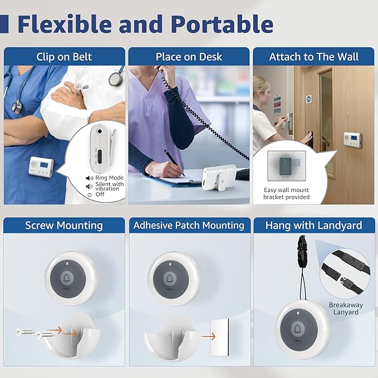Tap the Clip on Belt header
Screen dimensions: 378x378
tap(64, 57)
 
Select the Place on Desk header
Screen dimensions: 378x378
tap(189, 57)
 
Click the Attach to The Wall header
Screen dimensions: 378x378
tap(313, 57)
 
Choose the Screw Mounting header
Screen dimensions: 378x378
tap(64, 225)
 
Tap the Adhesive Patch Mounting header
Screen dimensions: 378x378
tap(189, 225)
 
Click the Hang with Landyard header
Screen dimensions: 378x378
tap(313, 225)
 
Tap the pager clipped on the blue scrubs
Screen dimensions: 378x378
tap(42, 166)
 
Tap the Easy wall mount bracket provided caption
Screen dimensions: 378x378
tap(286, 193)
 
